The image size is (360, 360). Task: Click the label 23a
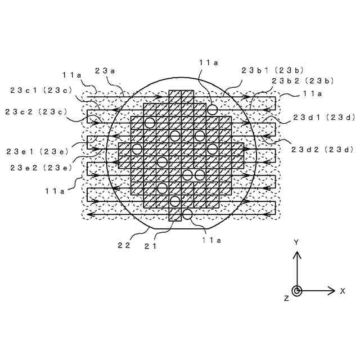[x=105, y=70]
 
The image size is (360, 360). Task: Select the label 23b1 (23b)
[x=272, y=70]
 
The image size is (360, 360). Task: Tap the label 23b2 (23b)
[x=304, y=81]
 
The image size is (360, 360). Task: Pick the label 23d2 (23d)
[x=321, y=149]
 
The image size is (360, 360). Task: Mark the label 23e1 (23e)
[x=37, y=151]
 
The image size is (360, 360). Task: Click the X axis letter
[x=342, y=291]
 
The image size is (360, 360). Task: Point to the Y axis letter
[x=296, y=242]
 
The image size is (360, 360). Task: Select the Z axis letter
[x=286, y=298]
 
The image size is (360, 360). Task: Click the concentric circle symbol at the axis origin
[x=297, y=291]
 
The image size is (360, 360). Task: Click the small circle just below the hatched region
[x=187, y=214]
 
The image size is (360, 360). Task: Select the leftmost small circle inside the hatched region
[x=137, y=148]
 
